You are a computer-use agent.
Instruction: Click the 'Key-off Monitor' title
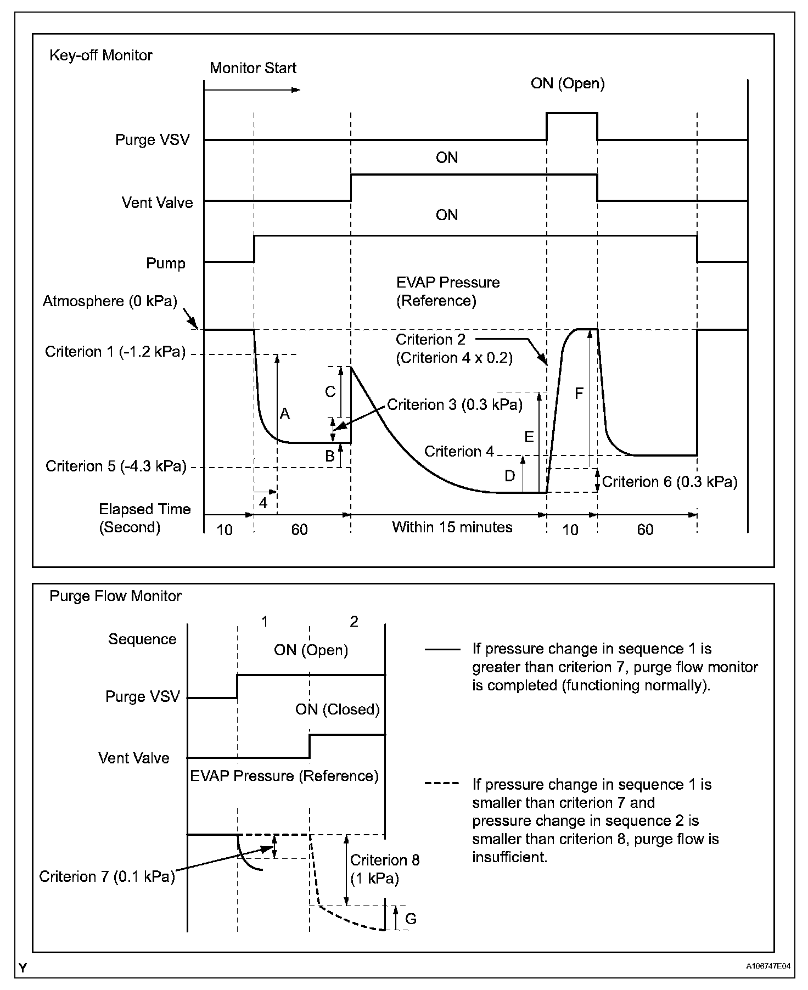(x=101, y=55)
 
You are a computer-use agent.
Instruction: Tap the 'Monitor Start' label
(x=253, y=68)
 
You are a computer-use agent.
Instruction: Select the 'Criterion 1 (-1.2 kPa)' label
(x=115, y=352)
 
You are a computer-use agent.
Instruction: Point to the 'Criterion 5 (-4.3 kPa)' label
(x=116, y=466)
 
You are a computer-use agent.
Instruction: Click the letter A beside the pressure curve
(x=284, y=414)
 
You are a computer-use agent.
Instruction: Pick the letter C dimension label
(x=330, y=392)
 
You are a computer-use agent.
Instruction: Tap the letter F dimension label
(x=579, y=393)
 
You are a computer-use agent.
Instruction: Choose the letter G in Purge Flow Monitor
(x=410, y=919)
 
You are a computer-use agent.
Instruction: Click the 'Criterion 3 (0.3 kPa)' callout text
(x=454, y=405)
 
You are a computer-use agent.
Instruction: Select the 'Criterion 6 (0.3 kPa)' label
(x=670, y=482)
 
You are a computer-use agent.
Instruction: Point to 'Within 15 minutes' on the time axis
(x=452, y=527)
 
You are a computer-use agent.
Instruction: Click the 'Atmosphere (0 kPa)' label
(x=110, y=301)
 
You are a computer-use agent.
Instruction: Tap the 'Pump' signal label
(x=166, y=263)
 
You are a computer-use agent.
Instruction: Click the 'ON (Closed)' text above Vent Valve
(x=338, y=710)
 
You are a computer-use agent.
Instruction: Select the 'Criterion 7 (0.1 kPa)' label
(x=107, y=876)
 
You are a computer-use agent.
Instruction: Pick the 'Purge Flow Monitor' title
(x=115, y=596)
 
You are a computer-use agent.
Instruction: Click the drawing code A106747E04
(x=768, y=966)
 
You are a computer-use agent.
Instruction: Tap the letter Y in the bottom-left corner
(x=23, y=968)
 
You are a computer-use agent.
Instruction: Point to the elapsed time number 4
(x=263, y=503)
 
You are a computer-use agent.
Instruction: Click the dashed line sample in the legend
(x=442, y=783)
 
